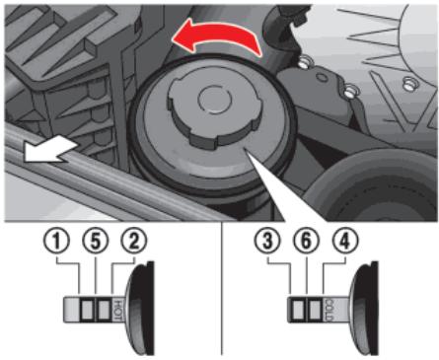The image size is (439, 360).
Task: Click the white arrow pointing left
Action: (50, 151)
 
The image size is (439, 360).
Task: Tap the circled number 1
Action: (57, 242)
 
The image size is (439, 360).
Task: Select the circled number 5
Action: (96, 242)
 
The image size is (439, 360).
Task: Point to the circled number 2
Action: (134, 242)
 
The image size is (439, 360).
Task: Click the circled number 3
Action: (268, 242)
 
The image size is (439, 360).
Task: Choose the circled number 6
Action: (306, 242)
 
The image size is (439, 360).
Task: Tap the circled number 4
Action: (344, 242)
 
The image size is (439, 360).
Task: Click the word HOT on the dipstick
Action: (118, 310)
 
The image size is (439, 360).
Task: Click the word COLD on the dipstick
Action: (329, 310)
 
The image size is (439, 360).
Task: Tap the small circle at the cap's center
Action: (215, 100)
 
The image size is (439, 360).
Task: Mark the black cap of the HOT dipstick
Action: (141, 309)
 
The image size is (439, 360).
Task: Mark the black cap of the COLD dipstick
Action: (364, 309)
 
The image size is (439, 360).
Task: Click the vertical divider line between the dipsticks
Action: (221, 288)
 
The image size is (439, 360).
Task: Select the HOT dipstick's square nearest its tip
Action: (87, 310)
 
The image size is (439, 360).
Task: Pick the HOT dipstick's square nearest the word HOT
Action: (105, 310)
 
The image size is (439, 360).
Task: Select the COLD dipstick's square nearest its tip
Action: (298, 310)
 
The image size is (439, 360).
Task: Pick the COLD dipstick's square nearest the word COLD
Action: (315, 310)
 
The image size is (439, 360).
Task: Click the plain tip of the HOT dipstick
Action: (71, 310)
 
